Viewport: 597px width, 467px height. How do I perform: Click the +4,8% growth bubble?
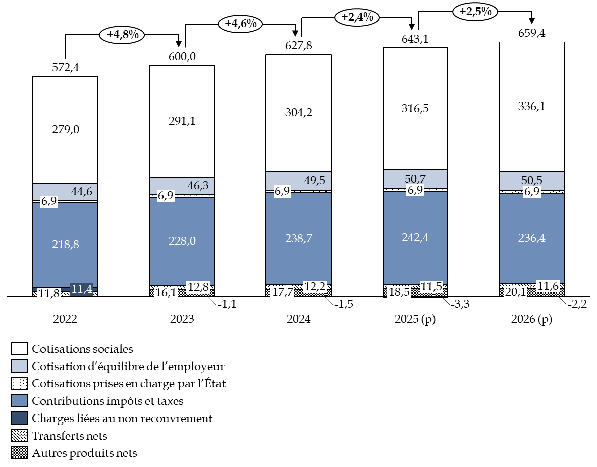click(x=122, y=35)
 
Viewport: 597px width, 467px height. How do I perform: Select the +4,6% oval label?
click(x=240, y=24)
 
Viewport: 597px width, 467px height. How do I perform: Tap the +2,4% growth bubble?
click(x=357, y=17)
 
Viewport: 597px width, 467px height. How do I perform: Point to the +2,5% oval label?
click(x=475, y=11)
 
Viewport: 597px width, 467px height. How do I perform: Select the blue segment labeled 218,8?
click(x=65, y=245)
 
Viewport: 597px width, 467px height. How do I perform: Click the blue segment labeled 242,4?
click(x=415, y=238)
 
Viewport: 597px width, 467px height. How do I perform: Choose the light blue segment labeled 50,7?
click(x=415, y=179)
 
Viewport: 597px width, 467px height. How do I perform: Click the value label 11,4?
click(x=81, y=289)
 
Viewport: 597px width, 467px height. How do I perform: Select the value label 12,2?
click(x=315, y=287)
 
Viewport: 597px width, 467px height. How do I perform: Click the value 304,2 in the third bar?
click(x=299, y=113)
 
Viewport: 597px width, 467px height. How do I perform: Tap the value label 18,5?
click(x=399, y=292)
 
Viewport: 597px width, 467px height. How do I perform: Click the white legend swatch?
click(x=20, y=349)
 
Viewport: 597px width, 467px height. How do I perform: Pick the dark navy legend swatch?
click(x=20, y=418)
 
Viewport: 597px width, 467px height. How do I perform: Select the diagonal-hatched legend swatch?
click(x=20, y=435)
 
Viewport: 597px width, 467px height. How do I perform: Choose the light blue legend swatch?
click(x=20, y=366)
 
